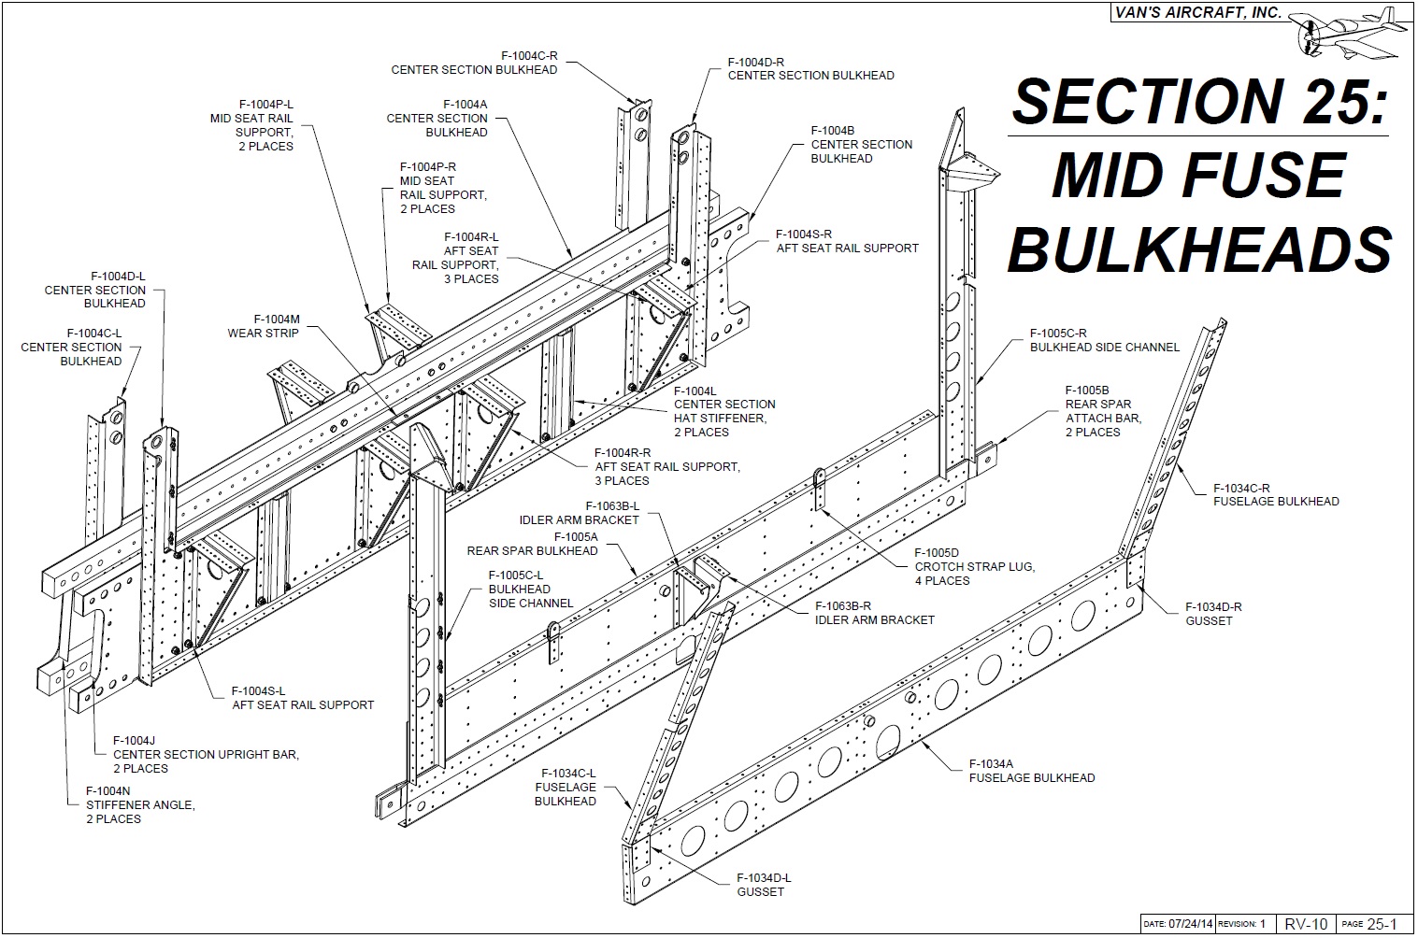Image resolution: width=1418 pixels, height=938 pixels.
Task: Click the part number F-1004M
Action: (x=263, y=320)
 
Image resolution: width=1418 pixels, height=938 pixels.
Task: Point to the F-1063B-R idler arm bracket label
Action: (x=874, y=612)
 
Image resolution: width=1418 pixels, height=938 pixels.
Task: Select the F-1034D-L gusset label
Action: (x=764, y=884)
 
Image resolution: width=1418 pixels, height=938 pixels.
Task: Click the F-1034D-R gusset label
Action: (x=1212, y=613)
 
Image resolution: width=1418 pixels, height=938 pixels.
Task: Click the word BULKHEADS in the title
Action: (x=1200, y=249)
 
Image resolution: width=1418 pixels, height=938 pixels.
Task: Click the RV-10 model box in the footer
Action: (x=1305, y=924)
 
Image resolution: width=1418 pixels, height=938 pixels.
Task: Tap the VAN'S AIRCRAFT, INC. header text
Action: (x=1199, y=13)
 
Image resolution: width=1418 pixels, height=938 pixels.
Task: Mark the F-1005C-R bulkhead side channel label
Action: (x=1104, y=340)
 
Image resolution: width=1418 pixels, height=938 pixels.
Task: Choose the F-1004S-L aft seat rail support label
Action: (x=303, y=698)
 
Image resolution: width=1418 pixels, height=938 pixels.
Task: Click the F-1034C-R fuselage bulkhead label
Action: (x=1275, y=494)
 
